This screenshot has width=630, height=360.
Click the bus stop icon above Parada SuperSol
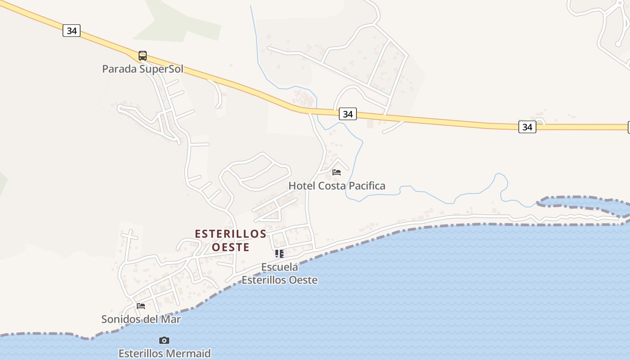(x=143, y=56)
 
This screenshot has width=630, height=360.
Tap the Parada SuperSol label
(x=143, y=69)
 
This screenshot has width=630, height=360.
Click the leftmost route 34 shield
(x=72, y=31)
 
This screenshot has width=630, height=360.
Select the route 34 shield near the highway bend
(x=347, y=114)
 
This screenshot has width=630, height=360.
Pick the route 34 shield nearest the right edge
(x=527, y=127)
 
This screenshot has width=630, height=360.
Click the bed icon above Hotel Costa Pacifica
(x=337, y=172)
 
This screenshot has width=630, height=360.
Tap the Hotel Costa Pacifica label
(x=337, y=186)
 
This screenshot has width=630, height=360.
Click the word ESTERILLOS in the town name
(x=231, y=234)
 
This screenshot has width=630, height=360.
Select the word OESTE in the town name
(x=230, y=247)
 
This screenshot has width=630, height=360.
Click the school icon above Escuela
(x=279, y=254)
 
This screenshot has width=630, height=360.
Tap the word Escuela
(x=279, y=267)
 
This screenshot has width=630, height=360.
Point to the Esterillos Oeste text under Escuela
(x=279, y=280)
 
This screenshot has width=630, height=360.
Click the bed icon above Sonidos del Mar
(x=141, y=306)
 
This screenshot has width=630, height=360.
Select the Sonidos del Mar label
(x=141, y=319)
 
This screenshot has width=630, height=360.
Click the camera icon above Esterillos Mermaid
(x=164, y=340)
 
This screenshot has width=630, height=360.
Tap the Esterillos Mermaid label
(x=164, y=353)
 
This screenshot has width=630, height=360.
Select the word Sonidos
(x=118, y=319)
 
